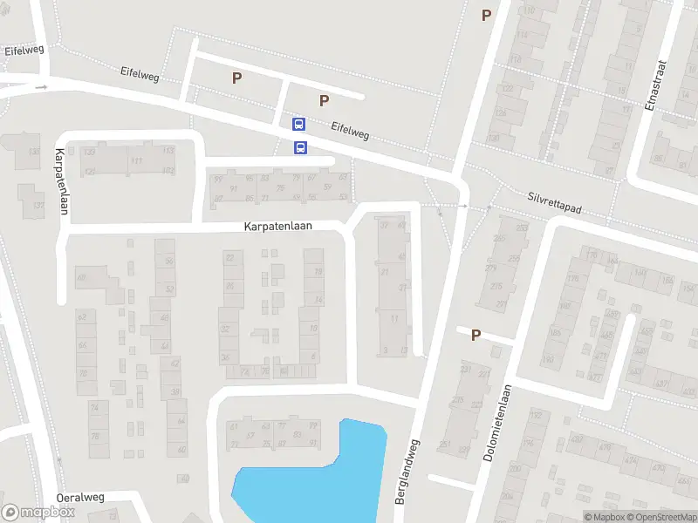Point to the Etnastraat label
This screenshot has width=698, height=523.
[x=658, y=86]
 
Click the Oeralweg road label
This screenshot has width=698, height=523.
[x=80, y=497]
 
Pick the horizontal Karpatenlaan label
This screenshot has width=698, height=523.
[x=290, y=226]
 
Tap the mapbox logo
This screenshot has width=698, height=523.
[x=38, y=513]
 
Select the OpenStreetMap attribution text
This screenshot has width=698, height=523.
[x=660, y=517]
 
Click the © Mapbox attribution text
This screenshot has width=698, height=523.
[x=604, y=517]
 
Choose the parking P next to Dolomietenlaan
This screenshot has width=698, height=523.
[x=476, y=335]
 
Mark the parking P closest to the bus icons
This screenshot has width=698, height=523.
[x=324, y=100]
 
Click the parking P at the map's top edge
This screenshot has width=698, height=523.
[x=486, y=14]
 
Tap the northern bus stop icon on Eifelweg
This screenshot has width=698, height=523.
[x=298, y=126]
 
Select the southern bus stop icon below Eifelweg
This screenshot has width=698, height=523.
[x=300, y=147]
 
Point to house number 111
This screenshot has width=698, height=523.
[x=136, y=161]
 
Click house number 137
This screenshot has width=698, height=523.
[x=38, y=205]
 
